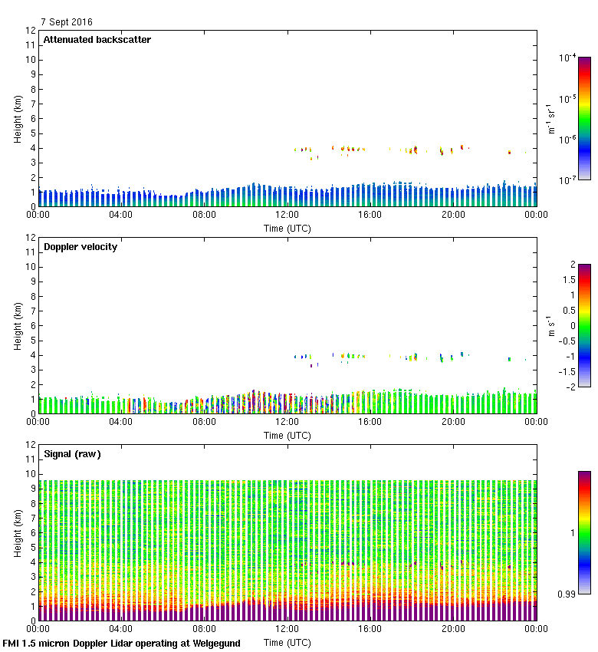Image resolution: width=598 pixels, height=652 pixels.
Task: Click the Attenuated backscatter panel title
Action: pos(97,40)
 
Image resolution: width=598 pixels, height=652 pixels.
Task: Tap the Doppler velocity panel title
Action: pos(80,247)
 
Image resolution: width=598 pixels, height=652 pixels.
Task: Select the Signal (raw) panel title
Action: pos(72,454)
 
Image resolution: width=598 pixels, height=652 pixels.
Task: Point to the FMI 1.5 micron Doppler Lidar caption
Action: pos(121,644)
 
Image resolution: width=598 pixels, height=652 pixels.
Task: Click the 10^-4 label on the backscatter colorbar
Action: pos(567,58)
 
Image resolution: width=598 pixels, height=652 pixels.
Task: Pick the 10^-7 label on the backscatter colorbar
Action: pos(567,179)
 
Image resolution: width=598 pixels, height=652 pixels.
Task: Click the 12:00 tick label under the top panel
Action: pos(287,215)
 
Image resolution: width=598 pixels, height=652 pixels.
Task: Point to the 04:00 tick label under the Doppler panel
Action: pos(121,421)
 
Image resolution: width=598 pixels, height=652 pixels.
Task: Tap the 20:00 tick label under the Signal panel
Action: pos(453,628)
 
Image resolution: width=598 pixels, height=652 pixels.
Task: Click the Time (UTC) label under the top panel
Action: pos(287,228)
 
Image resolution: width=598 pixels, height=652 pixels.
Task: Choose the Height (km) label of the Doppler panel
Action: pos(18,325)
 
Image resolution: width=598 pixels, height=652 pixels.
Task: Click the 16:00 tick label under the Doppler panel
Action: pos(370,421)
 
